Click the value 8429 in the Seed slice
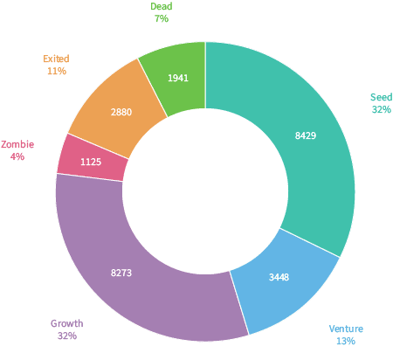point(306,135)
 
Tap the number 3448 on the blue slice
point(279,277)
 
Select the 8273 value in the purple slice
point(121,273)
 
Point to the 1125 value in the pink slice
point(91,162)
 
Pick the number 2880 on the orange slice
point(121,112)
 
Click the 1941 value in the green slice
point(178,78)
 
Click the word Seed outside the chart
point(381,97)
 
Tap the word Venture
point(346,329)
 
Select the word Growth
point(67,323)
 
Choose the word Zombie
point(17,144)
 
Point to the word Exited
point(56,59)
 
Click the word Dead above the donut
point(162,6)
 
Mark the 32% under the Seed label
point(382,109)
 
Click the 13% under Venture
point(346,341)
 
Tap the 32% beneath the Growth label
point(67,336)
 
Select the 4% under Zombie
point(17,156)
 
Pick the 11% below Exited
point(57,71)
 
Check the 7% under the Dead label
point(162,18)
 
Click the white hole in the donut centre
point(205,191)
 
